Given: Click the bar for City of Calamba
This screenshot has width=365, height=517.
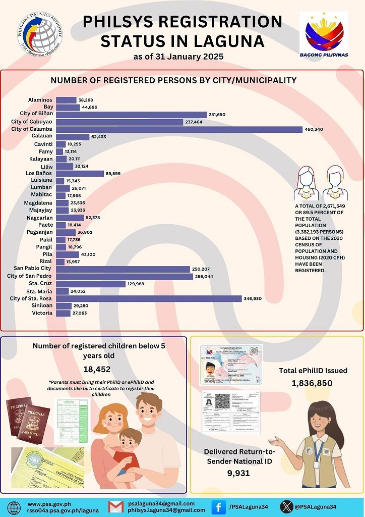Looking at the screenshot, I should click(178, 129).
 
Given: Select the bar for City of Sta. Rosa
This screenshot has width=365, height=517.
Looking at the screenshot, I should click(148, 299).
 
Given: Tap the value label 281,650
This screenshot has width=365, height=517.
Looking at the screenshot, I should click(220, 115).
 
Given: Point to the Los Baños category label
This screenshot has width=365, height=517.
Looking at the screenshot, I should click(39, 173).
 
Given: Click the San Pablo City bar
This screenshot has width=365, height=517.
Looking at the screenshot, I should click(123, 269).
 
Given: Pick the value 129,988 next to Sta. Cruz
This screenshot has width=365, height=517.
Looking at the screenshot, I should click(138, 284).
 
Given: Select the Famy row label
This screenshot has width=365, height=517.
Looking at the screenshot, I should click(45, 151).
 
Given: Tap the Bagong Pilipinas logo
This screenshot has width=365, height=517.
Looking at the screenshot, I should click(324, 34).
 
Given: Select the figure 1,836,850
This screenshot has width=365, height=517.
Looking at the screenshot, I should click(312, 383).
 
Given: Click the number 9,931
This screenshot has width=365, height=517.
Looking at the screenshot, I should click(238, 473).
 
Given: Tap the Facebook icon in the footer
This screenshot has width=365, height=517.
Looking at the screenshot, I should click(218, 506).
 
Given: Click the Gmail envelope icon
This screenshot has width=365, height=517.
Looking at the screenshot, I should click(116, 507).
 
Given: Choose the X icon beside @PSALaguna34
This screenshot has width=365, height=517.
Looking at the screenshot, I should click(287, 506).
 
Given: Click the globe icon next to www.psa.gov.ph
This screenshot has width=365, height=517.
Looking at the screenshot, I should click(15, 507).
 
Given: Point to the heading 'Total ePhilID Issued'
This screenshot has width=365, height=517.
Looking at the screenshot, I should click(313, 371).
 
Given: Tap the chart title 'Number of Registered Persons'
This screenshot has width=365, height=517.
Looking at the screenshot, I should click(173, 80).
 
